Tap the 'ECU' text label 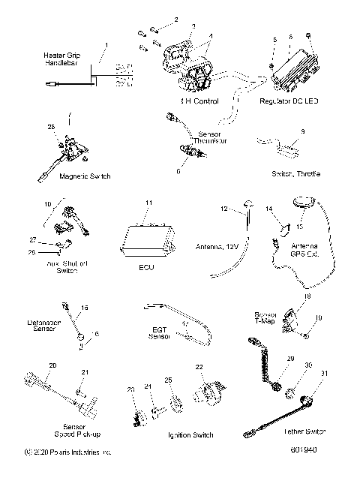point(148,269)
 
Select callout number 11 point(148,203)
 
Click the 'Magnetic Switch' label point(64,176)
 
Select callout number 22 point(199,367)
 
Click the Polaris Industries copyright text point(68,452)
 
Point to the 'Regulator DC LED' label point(286,101)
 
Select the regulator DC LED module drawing point(294,68)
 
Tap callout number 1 point(106,45)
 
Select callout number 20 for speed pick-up point(52,365)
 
